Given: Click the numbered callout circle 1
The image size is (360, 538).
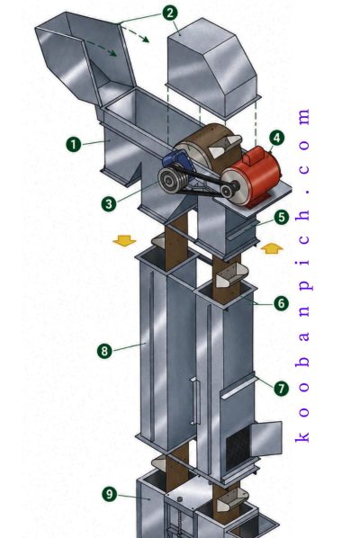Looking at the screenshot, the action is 74,144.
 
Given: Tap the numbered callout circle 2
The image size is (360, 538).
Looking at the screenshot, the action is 170,13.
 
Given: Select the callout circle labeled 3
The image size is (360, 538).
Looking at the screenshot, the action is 109,204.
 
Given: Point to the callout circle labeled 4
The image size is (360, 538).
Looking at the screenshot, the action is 276,138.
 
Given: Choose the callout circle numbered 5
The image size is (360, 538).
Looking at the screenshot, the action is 282,217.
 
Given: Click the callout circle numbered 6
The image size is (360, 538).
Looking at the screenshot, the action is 281,303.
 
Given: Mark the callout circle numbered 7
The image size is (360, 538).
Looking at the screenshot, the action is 282,389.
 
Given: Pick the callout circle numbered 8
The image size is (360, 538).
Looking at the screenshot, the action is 104,351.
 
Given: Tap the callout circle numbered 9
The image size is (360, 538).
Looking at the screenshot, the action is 110,494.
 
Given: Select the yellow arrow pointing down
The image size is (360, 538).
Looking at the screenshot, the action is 124,240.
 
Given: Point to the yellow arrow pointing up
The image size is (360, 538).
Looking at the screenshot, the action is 272,248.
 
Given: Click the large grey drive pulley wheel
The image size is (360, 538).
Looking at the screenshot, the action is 172,179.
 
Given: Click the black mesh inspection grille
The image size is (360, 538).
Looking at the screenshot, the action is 238,445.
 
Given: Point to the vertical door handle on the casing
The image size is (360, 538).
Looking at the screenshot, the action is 195,400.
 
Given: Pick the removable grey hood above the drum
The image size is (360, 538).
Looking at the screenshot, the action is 212,68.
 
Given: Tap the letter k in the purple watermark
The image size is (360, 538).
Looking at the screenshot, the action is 302,436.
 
